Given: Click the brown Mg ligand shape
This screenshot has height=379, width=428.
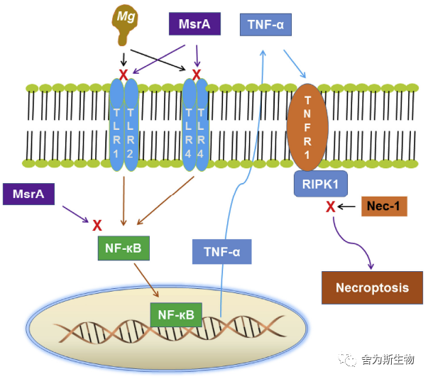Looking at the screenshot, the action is coord(124,24).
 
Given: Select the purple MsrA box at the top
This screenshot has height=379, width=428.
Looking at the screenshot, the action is coord(194,23).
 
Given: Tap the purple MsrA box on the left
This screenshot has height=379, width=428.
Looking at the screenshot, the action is coord(28,194).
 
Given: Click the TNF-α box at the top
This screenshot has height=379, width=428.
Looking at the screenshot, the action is coord(265,25).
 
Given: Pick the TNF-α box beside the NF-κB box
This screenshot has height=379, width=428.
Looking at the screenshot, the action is coord(222,251).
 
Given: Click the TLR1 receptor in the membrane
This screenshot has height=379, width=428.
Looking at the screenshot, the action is coord(116,125).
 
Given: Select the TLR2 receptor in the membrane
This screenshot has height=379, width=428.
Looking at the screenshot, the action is coord(131,125).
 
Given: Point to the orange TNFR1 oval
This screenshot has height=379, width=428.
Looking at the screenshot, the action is coord(307,128).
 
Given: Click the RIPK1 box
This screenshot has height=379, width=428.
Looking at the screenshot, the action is coord(320,184).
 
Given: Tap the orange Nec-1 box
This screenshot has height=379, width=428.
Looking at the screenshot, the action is coord(384,207).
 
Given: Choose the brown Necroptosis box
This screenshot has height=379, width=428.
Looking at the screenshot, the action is coord(372,287).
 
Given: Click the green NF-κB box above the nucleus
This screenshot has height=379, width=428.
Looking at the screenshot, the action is coord(124,248).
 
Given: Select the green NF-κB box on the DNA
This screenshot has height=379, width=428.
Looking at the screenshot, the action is coord(176,314).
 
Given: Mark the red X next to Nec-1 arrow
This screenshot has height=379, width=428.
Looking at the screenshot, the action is coord(331,207).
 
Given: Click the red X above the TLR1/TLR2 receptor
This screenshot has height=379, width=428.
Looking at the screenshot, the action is coord(124,75).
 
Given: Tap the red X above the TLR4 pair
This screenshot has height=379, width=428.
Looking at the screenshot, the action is coord(197,75).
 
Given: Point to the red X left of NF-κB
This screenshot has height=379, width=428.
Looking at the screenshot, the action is coord(97,226).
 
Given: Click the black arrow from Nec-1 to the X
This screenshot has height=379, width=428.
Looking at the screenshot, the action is coord(346,207).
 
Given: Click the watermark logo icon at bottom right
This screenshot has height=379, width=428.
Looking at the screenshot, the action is coord(347,359).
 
